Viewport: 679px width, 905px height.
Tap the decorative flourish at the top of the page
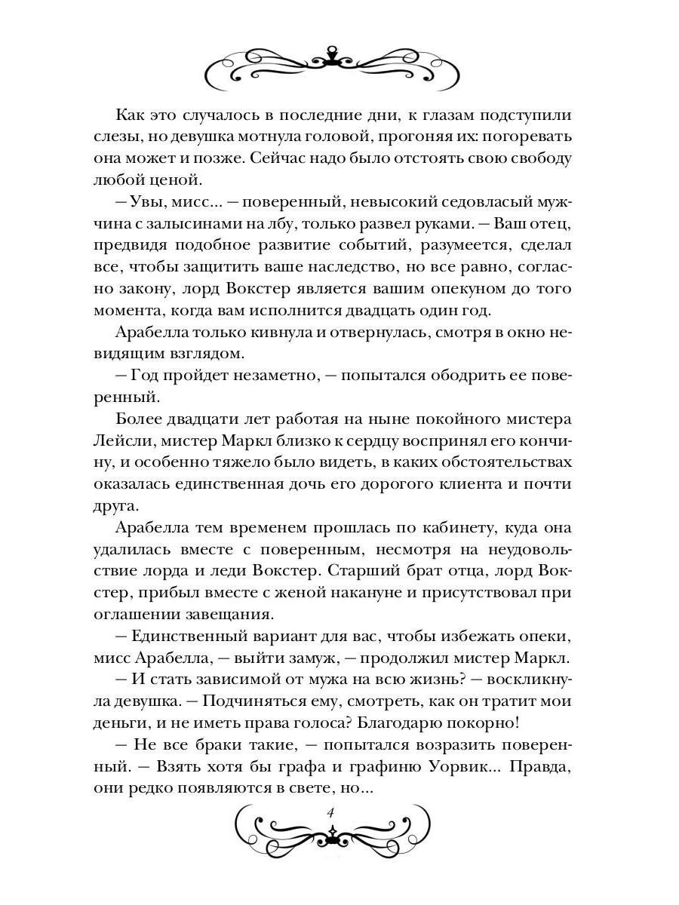point(333,66)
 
